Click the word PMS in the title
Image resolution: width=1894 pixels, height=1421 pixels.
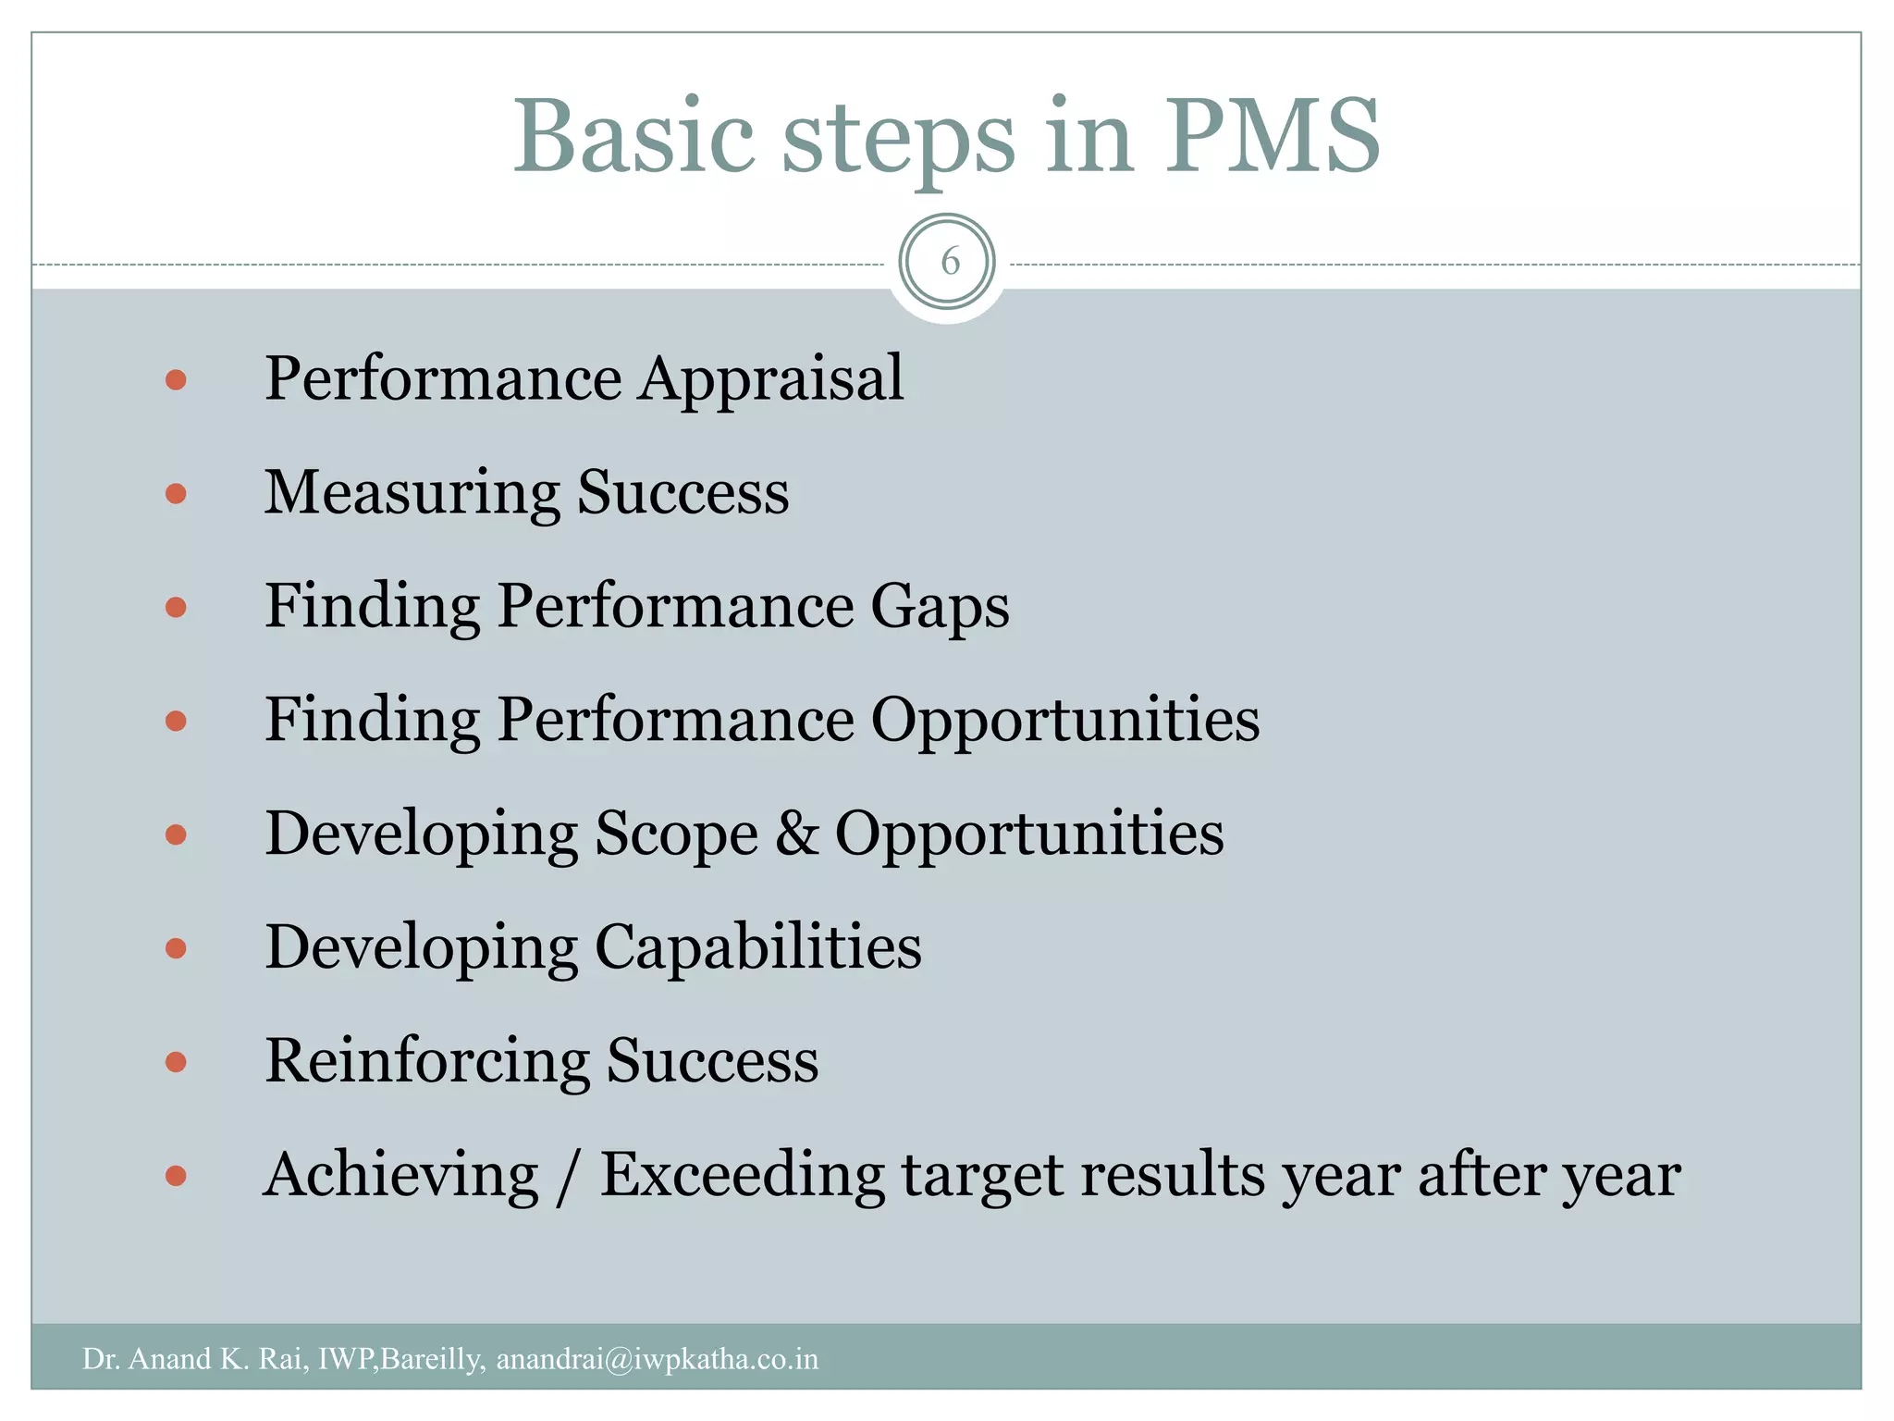point(1272,137)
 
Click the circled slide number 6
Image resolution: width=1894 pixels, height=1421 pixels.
point(947,262)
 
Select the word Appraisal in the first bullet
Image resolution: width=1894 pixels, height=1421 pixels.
point(771,379)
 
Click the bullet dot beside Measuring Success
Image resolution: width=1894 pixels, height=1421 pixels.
point(176,494)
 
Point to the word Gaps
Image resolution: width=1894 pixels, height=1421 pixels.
point(940,608)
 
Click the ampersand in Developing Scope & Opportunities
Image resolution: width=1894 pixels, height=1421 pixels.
point(796,833)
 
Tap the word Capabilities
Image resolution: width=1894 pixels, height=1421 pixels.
point(757,946)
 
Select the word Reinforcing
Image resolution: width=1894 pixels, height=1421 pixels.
point(427,1061)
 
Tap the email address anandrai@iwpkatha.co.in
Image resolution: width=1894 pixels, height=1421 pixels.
point(658,1359)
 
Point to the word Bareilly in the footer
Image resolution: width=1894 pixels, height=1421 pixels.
point(431,1359)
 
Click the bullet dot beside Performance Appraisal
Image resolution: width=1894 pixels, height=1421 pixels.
point(176,380)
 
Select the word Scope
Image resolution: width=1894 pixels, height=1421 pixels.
point(676,834)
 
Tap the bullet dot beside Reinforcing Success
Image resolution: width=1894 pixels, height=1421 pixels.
point(176,1062)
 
